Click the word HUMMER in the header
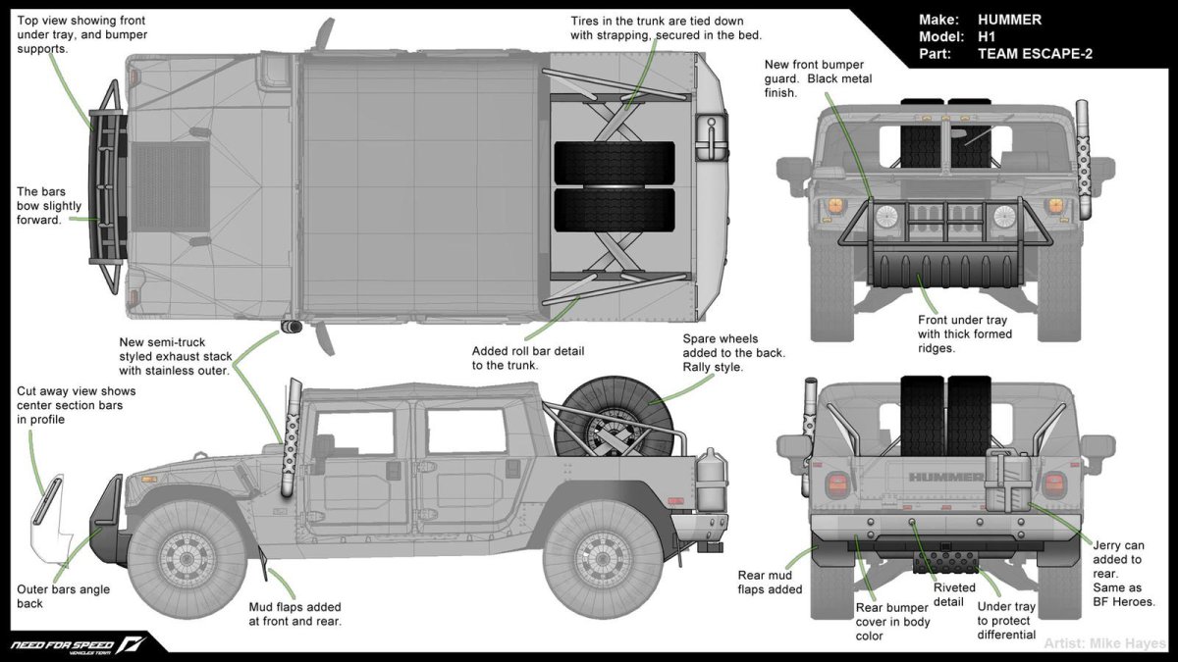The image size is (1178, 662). (x=1010, y=19)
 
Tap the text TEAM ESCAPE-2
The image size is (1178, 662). (x=1035, y=54)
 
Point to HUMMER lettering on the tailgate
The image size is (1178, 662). (x=945, y=478)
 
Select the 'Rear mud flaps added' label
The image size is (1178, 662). (x=771, y=583)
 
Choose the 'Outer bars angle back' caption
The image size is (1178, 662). (x=63, y=596)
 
